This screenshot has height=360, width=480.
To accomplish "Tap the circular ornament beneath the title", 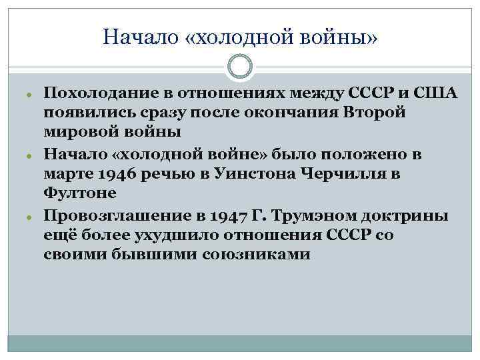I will click(x=240, y=66).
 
